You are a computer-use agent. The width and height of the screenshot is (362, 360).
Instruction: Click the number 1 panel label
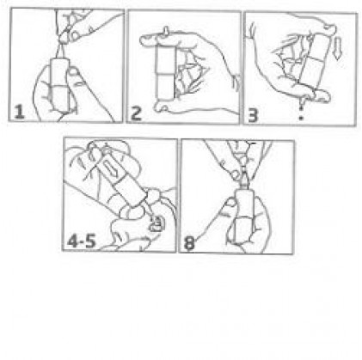point(19,112)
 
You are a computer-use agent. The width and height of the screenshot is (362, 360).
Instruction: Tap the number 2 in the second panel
point(136,113)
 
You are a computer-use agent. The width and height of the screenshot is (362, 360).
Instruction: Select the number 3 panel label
point(253,115)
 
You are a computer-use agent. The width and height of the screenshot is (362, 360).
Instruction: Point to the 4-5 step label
point(82,241)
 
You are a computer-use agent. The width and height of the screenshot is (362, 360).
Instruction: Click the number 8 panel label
point(189,243)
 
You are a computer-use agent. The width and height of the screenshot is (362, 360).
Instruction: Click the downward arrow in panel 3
point(338,49)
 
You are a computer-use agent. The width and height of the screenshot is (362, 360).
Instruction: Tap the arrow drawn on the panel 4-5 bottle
point(109,169)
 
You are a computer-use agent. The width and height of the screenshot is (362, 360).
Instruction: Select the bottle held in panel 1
point(60,83)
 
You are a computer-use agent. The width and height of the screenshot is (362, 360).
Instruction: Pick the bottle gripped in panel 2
point(166,73)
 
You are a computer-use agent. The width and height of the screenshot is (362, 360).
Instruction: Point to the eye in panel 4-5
point(156,224)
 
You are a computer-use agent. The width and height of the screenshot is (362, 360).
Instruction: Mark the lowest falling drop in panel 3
point(301,118)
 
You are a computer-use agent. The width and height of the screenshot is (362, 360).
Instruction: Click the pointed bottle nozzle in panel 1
point(60,51)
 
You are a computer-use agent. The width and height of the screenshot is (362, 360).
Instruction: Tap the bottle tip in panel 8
point(244,178)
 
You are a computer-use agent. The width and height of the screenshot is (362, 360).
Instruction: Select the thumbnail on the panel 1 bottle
point(74,71)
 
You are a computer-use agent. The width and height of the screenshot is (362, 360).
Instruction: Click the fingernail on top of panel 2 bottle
point(166,31)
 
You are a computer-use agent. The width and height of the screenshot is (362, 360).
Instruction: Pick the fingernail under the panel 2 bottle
point(164,108)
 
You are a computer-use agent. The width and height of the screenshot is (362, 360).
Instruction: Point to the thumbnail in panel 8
point(230,203)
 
